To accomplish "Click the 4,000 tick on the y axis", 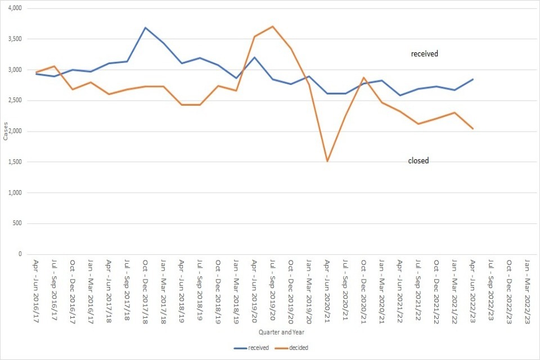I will click(12, 8).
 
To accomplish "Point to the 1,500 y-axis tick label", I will click(12, 162).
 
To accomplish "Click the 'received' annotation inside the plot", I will click(424, 54).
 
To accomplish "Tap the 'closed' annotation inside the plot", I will click(418, 161).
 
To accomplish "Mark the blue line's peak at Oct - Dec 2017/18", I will click(145, 28).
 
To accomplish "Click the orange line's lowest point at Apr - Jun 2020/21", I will click(327, 161).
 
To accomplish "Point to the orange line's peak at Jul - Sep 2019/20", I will click(272, 26).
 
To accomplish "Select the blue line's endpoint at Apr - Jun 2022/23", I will click(473, 79).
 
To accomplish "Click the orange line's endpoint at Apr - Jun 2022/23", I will click(473, 129).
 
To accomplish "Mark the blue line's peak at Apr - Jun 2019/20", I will click(254, 57).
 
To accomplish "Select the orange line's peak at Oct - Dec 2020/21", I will click(363, 78).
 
